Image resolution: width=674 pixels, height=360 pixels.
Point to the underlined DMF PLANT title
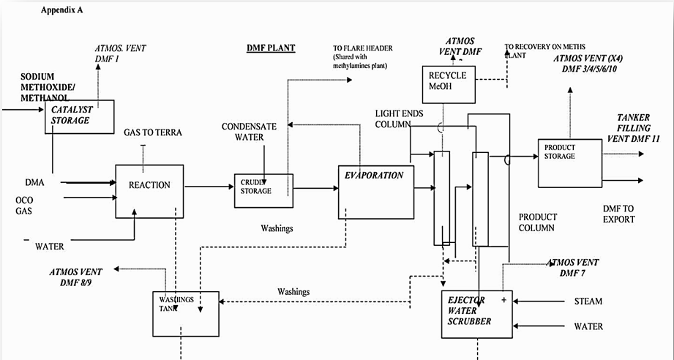click(271, 48)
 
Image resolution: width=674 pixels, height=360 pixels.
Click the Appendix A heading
click(62, 10)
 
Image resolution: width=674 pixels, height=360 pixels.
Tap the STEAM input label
click(588, 301)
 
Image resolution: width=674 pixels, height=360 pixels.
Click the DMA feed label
click(35, 183)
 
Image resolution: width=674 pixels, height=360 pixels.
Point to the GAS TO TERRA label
click(153, 132)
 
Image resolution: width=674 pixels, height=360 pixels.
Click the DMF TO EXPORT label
click(618, 214)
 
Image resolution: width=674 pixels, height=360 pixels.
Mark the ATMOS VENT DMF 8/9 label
click(75, 277)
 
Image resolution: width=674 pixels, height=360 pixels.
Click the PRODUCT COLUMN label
click(538, 222)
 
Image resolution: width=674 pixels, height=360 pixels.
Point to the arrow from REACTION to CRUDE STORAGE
click(209, 187)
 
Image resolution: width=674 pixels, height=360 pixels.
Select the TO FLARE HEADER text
click(363, 48)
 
